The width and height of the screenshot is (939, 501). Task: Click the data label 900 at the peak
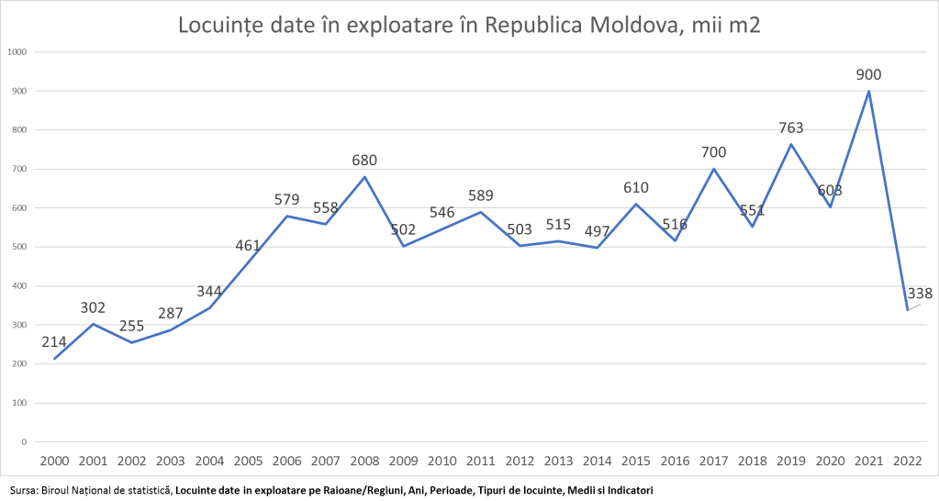868,74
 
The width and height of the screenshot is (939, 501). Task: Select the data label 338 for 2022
919,294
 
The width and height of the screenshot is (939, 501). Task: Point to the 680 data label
364,160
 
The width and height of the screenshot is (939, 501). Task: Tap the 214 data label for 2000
54,342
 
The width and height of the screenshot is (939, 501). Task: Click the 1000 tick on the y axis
17,51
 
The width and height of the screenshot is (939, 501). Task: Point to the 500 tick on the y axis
19,247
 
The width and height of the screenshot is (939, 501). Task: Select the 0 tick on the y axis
25,441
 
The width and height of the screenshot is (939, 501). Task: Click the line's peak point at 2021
868,91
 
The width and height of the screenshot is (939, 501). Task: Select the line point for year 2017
713,169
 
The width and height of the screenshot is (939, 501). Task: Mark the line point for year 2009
403,246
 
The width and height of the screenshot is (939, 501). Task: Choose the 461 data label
248,245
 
